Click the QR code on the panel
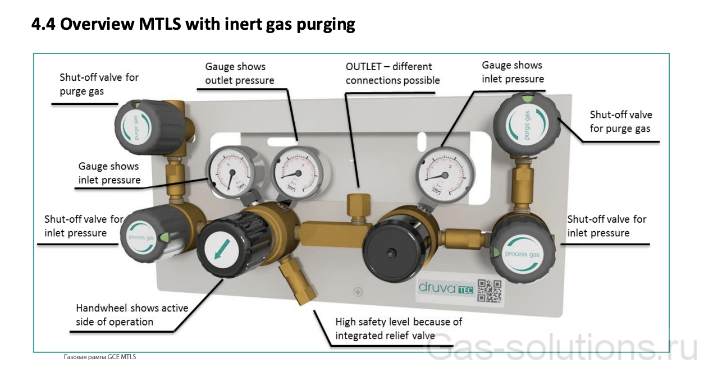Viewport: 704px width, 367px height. pyautogui.click(x=488, y=290)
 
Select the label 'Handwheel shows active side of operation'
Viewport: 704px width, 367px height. pyautogui.click(x=132, y=315)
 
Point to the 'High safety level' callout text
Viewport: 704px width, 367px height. pyautogui.click(x=399, y=329)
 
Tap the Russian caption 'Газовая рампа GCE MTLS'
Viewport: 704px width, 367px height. pyautogui.click(x=99, y=357)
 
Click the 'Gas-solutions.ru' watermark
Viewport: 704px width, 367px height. pyautogui.click(x=561, y=348)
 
